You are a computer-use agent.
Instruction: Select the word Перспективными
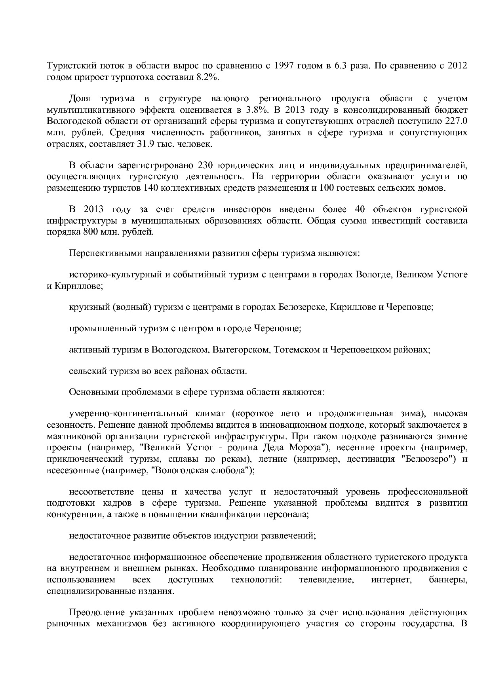(101, 253)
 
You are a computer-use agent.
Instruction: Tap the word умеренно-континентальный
(128, 414)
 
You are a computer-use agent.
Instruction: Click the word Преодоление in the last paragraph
(97, 613)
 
